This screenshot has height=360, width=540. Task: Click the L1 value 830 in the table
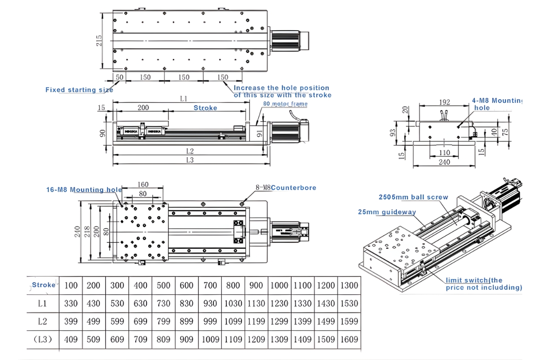[x=186, y=303]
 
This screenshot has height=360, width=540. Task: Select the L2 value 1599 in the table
[x=348, y=321]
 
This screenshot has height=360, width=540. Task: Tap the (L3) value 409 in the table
[x=71, y=339]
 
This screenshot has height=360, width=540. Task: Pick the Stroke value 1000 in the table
[x=279, y=285]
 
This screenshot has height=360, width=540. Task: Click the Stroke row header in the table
[x=43, y=285]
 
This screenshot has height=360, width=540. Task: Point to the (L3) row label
[x=42, y=339]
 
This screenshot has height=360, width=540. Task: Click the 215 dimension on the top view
[x=99, y=40]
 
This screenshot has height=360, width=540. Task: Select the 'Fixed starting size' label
[x=79, y=90]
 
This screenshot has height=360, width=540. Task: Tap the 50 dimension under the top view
[x=119, y=77]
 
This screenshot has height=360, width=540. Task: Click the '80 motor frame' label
[x=285, y=104]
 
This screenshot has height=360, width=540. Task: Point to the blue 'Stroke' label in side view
[x=205, y=108]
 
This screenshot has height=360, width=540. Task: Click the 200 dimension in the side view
[x=143, y=108]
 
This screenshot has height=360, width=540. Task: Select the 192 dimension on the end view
[x=445, y=103]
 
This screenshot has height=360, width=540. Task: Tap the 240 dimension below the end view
[x=444, y=162]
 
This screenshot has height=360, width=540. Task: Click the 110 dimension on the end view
[x=444, y=153]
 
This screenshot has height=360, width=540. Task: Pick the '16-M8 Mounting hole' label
[x=84, y=189]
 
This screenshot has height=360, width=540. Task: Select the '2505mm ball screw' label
[x=413, y=197]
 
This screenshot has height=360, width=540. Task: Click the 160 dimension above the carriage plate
[x=143, y=184]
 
